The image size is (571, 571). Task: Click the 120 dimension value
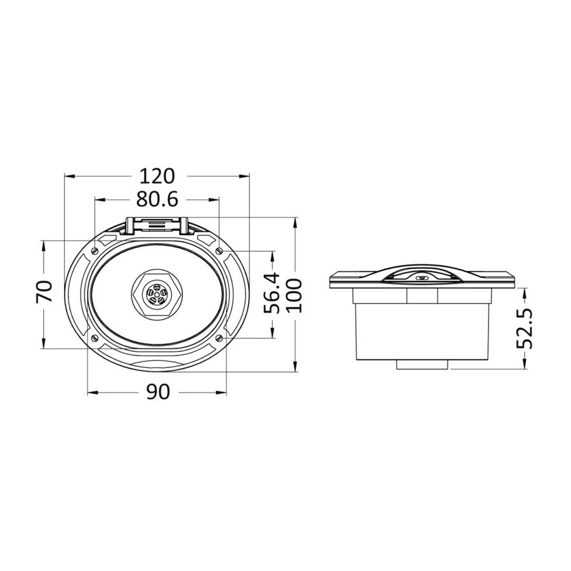pyautogui.click(x=157, y=176)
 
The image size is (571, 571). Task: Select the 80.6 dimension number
pyautogui.click(x=157, y=200)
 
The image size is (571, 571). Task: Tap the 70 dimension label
pyautogui.click(x=45, y=291)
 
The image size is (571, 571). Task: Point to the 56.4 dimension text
pyautogui.click(x=272, y=293)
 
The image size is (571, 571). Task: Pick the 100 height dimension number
pyautogui.click(x=294, y=295)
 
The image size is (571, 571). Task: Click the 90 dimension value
pyautogui.click(x=158, y=392)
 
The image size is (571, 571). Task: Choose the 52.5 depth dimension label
pyautogui.click(x=525, y=329)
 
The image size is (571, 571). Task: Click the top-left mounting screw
pyautogui.click(x=95, y=251)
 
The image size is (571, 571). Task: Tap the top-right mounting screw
pyautogui.click(x=220, y=251)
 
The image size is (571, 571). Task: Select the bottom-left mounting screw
pyautogui.click(x=95, y=338)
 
